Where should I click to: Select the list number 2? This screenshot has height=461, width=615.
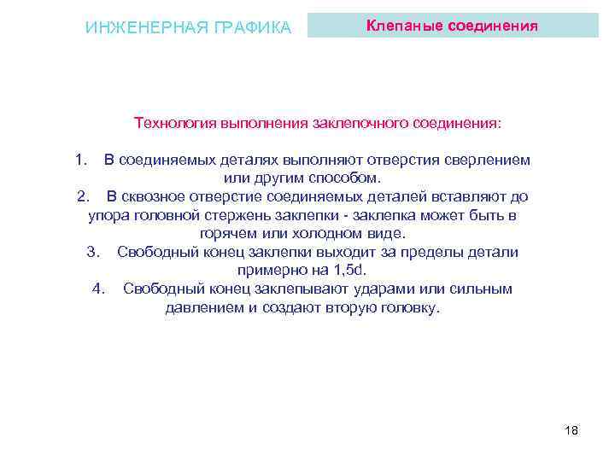point(82,196)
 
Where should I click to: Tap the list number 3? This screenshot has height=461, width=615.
point(94,252)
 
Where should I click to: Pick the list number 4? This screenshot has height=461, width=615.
point(98,289)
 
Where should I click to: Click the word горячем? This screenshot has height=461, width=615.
point(225,233)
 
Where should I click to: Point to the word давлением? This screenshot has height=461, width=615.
point(204,307)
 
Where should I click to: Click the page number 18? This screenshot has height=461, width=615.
point(571,430)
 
